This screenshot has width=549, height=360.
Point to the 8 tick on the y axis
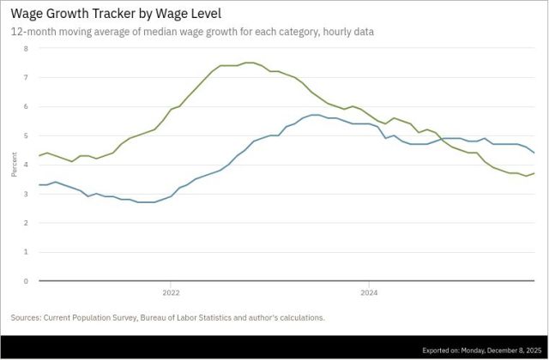[x=26, y=48]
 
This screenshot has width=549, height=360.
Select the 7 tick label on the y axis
[x=26, y=77]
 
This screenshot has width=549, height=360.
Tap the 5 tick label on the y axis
[x=26, y=135]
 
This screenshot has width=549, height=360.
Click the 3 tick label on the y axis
[x=26, y=194]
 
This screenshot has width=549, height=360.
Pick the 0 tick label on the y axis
[x=26, y=281]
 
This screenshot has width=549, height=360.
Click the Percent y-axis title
[x=14, y=165]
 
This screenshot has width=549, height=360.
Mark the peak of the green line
[x=249, y=63]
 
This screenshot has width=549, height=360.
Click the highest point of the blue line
[x=316, y=115]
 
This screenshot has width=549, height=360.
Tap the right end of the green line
[x=535, y=173]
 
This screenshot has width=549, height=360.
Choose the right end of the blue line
[x=535, y=153]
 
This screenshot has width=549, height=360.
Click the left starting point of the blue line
[x=39, y=184]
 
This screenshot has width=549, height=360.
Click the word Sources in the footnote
[x=27, y=318]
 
